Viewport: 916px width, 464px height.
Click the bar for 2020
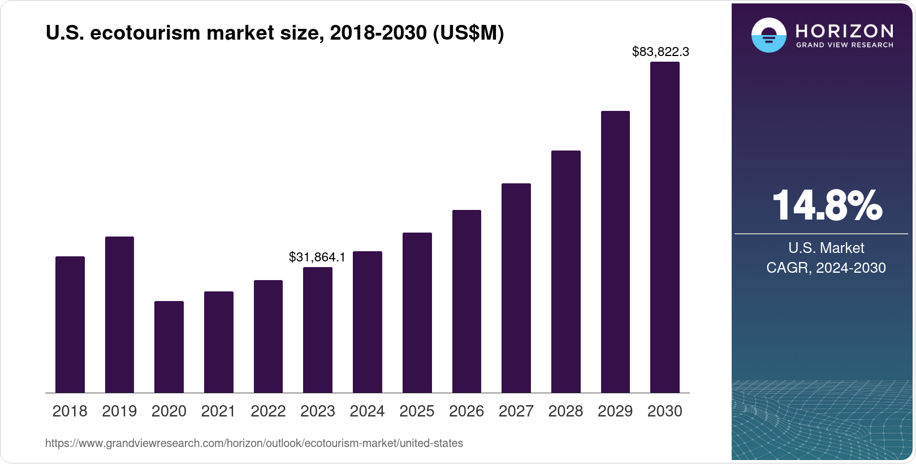pyautogui.click(x=169, y=347)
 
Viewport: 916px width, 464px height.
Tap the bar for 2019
pyautogui.click(x=119, y=315)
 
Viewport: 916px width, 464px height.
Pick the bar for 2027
pyautogui.click(x=516, y=288)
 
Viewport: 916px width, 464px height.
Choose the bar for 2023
pyautogui.click(x=318, y=330)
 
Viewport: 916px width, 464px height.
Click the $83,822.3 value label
pyautogui.click(x=660, y=52)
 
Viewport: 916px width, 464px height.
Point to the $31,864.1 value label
pyautogui.click(x=317, y=257)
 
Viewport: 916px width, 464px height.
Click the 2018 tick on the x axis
pyautogui.click(x=70, y=411)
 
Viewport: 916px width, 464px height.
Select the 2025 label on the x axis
pyautogui.click(x=417, y=411)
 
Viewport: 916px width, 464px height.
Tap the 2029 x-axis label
pyautogui.click(x=615, y=411)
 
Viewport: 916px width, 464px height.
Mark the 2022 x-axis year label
pyautogui.click(x=268, y=411)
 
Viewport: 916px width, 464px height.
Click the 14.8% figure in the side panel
pyautogui.click(x=826, y=205)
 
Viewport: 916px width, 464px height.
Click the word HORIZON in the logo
pyautogui.click(x=844, y=31)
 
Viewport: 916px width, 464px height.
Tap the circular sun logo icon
pyautogui.click(x=768, y=35)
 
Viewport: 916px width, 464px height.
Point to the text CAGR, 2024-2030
pyautogui.click(x=826, y=268)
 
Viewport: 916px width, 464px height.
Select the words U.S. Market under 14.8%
pyautogui.click(x=826, y=248)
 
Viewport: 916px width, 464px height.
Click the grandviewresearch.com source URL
pyautogui.click(x=254, y=444)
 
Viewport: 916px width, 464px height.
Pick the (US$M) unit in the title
pyautogui.click(x=468, y=33)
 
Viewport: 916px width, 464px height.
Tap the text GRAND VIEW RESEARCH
pyautogui.click(x=844, y=45)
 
